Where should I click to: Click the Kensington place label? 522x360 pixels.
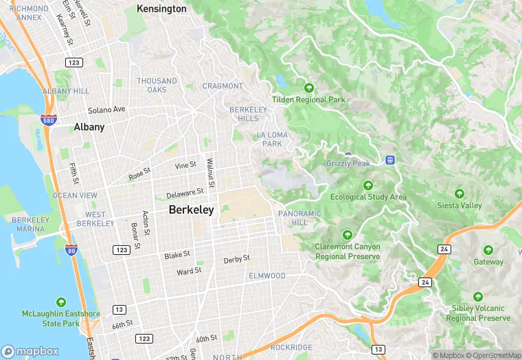tap(161, 9)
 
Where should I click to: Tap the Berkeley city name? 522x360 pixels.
tap(191, 210)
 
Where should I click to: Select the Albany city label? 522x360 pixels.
tap(89, 127)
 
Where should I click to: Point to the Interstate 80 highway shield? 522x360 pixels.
tap(71, 250)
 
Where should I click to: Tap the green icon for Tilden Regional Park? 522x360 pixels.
tap(309, 88)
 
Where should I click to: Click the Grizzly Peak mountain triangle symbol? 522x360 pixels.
tap(348, 153)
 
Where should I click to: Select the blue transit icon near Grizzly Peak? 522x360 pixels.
tap(390, 160)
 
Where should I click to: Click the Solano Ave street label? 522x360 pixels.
tap(106, 110)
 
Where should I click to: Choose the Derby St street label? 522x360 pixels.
tap(236, 260)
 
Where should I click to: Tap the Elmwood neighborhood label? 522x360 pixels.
tap(266, 275)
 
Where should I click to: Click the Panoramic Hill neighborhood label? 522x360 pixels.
tap(299, 218)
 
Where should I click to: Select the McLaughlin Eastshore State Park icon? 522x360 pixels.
tap(60, 302)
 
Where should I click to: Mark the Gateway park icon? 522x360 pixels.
tap(488, 250)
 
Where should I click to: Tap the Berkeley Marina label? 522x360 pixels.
tap(30, 224)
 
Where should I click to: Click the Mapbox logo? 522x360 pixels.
tap(31, 351)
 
